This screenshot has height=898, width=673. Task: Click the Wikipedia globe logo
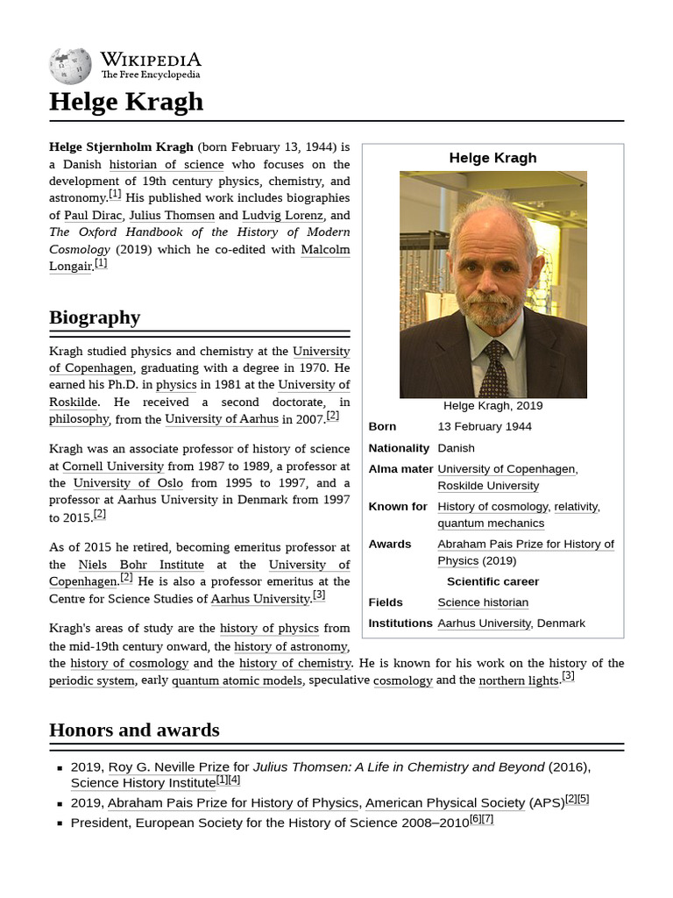coord(70,67)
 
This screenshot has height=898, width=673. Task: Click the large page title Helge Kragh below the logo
coord(126,102)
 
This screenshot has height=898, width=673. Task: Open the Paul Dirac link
coord(93,215)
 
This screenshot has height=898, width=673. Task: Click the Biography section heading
coord(95,317)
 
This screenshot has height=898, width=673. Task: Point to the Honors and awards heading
coord(134,730)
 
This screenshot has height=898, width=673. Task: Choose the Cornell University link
coord(113,467)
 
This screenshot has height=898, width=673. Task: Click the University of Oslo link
coord(128,483)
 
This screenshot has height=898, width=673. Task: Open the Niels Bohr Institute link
coord(141,565)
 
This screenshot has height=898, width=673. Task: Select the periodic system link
coord(92,681)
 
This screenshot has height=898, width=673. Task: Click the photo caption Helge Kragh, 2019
coord(492,405)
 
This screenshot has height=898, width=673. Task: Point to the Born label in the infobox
coord(382,426)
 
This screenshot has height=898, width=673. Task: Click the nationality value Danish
coord(456,447)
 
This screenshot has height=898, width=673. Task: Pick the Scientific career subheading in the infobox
coord(492,581)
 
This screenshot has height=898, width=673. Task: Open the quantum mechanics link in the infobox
coord(491,524)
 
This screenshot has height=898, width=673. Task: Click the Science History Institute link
coord(143,782)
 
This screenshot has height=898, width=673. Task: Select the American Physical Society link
coord(445,802)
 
